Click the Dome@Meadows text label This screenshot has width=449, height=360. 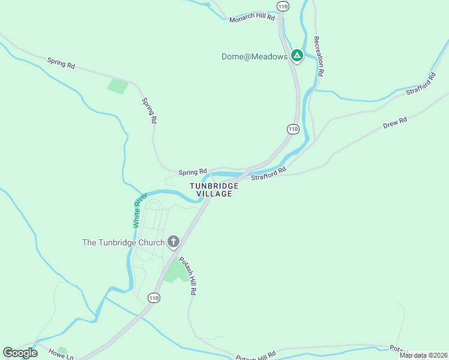(255, 56)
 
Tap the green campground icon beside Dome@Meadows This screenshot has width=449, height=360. (297, 56)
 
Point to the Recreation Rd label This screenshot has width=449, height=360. (318, 56)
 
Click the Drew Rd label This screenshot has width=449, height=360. (395, 124)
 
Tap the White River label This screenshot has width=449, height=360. (139, 210)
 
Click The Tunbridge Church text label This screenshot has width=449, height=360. (123, 242)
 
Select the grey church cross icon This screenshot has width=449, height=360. (173, 242)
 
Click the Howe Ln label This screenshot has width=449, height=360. (61, 354)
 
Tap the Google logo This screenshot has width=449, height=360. (20, 353)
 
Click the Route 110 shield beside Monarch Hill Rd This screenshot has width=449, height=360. (283, 6)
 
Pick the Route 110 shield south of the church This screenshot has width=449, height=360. (154, 298)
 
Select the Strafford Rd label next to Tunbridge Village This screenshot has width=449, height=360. (268, 174)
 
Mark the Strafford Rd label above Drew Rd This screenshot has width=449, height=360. (420, 85)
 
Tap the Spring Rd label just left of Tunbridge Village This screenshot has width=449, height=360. (193, 172)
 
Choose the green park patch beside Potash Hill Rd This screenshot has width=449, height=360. (175, 271)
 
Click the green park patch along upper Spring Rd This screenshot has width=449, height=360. (118, 86)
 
